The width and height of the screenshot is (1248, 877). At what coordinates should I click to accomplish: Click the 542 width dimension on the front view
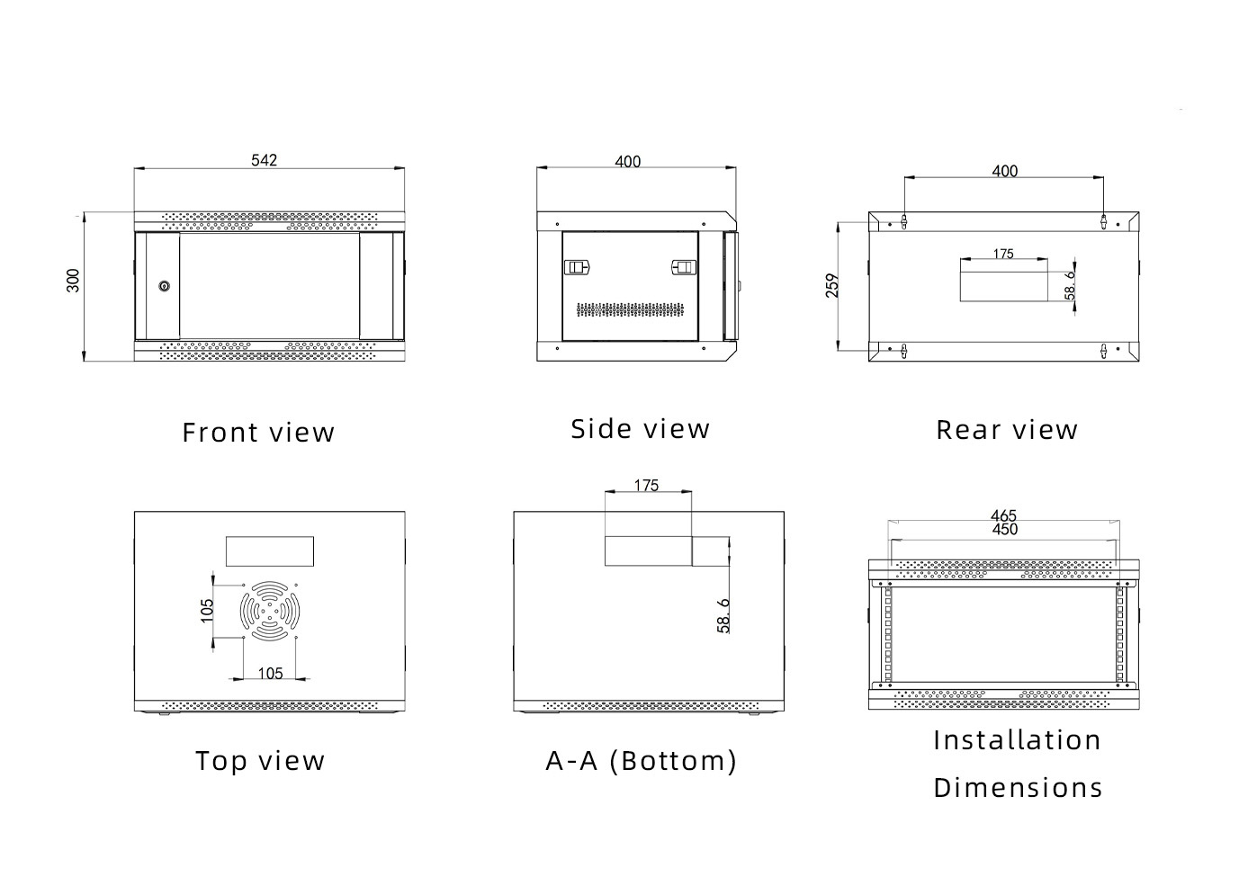[264, 160]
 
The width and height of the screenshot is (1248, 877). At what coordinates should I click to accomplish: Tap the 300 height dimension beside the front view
[74, 281]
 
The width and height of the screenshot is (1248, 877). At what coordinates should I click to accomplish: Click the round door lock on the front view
[164, 286]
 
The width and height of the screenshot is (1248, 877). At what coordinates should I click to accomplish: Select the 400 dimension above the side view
[628, 162]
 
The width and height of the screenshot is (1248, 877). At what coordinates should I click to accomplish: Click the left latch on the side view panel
[575, 267]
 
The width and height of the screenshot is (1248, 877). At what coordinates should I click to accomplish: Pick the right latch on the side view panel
[685, 267]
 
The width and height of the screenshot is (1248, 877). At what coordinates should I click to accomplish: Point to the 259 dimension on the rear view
[832, 286]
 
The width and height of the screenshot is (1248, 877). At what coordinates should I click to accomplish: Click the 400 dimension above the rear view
[1004, 171]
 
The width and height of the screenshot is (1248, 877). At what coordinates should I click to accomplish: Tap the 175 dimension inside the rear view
[1003, 254]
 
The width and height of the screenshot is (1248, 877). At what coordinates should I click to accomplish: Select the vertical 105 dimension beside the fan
[207, 611]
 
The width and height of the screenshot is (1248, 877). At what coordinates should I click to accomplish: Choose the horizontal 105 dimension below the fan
[270, 673]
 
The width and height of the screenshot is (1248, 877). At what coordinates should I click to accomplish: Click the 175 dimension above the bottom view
[646, 486]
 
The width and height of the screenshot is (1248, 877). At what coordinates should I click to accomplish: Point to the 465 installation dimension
[1003, 515]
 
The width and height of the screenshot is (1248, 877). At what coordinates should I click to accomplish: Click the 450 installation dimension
[1004, 530]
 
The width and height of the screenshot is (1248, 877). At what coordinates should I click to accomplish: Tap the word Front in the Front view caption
[220, 433]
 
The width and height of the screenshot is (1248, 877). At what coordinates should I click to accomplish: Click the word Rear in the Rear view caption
[967, 430]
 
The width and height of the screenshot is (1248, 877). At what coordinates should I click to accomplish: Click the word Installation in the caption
[1017, 740]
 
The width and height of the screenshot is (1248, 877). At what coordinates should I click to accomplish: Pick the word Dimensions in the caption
[1018, 788]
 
